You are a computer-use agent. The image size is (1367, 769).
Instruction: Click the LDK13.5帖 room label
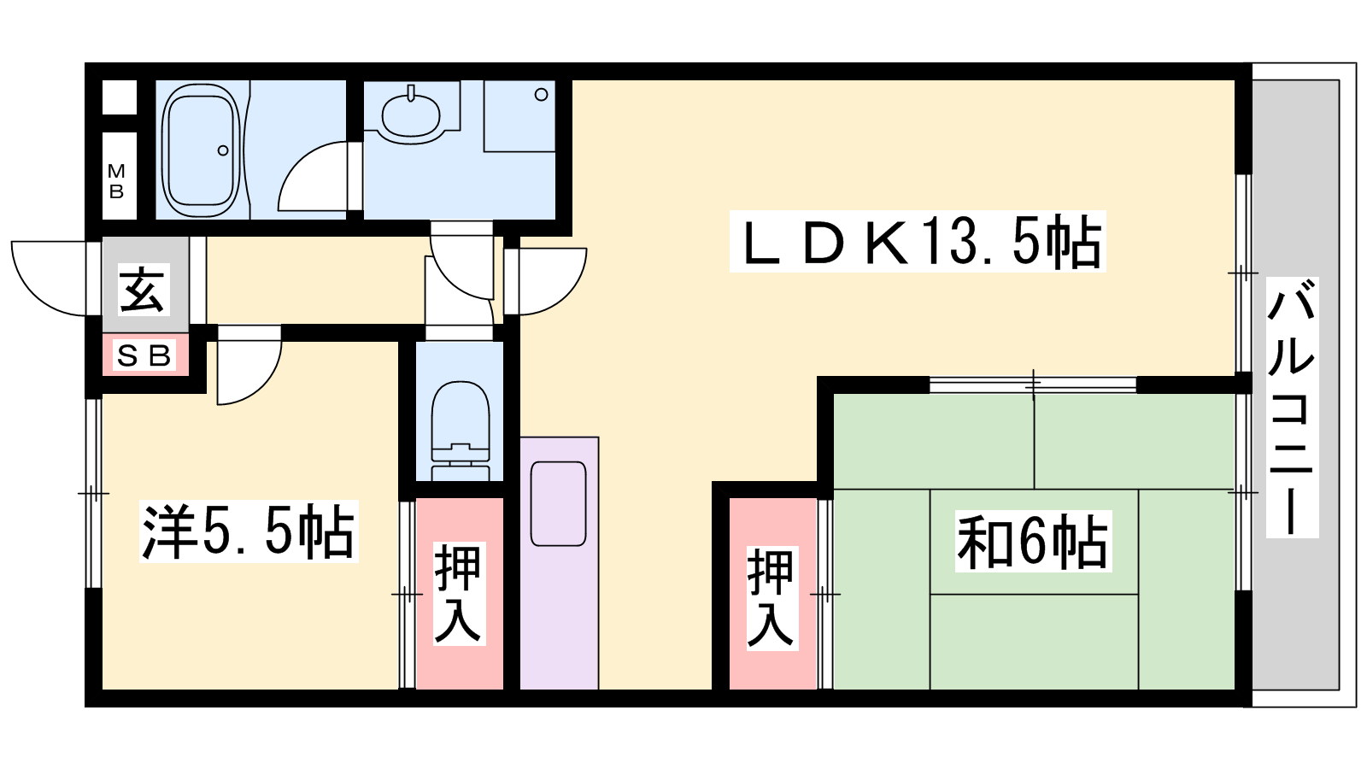click(x=918, y=242)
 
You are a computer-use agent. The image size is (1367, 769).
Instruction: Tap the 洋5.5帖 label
click(x=249, y=531)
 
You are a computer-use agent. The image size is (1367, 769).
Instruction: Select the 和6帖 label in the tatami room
click(x=1033, y=542)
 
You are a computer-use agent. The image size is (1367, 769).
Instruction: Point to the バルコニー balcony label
click(x=1292, y=407)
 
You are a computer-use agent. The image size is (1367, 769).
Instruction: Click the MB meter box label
click(x=116, y=181)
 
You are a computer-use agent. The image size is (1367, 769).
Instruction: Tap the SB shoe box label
click(x=144, y=355)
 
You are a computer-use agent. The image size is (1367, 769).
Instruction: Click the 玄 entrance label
click(x=142, y=290)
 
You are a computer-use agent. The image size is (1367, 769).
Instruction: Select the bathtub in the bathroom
click(x=200, y=150)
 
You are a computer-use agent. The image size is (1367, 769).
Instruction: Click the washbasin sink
click(x=411, y=114)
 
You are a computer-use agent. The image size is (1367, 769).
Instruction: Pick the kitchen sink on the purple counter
click(x=559, y=503)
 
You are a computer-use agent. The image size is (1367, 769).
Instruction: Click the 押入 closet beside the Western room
click(x=459, y=594)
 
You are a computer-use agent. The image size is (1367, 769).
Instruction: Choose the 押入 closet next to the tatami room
click(x=772, y=594)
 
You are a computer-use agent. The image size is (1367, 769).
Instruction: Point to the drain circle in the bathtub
click(x=223, y=150)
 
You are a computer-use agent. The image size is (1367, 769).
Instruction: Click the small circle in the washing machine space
click(x=541, y=95)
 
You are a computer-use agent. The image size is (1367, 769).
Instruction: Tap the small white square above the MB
click(x=119, y=97)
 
